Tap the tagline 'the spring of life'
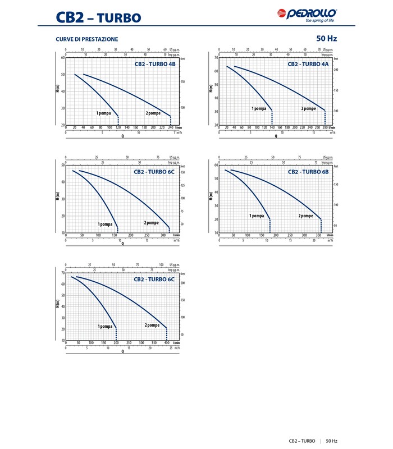321,22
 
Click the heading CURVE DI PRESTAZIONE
86,39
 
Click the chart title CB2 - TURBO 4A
308,64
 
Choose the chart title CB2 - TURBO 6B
308,172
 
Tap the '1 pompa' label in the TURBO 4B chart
104,113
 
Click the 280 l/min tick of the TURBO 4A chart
325,128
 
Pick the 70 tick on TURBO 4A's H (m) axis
216,58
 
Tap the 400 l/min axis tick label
167,342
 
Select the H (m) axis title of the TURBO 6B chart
210,196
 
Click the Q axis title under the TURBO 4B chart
122,136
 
